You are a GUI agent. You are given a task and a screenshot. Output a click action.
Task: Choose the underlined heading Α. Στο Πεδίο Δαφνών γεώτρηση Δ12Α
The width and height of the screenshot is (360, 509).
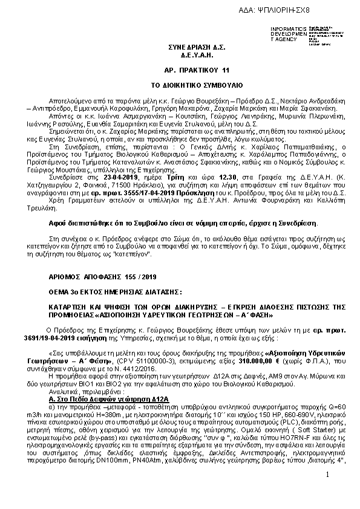107,417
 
